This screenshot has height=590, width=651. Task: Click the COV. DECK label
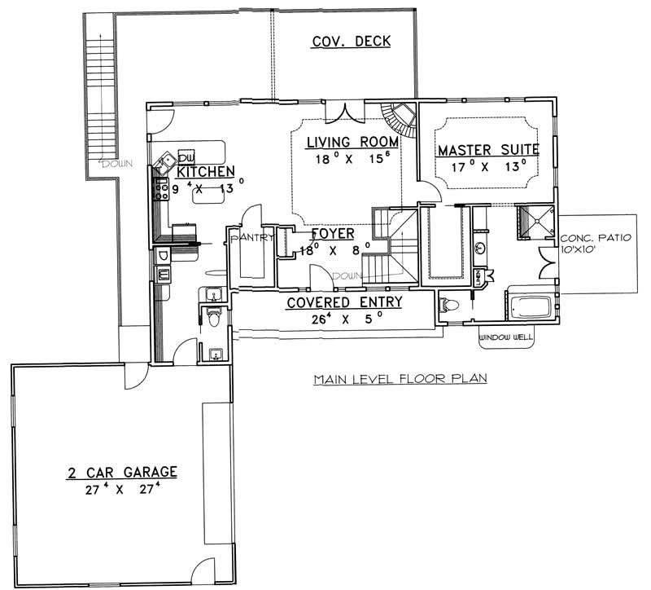point(352,42)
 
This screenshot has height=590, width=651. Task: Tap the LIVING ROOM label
point(352,143)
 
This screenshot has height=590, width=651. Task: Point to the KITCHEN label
point(206,172)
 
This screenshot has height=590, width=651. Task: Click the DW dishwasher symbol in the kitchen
point(186,156)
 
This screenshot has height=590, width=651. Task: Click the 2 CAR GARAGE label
point(123,472)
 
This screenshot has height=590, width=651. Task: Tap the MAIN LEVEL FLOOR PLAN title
point(400,378)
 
